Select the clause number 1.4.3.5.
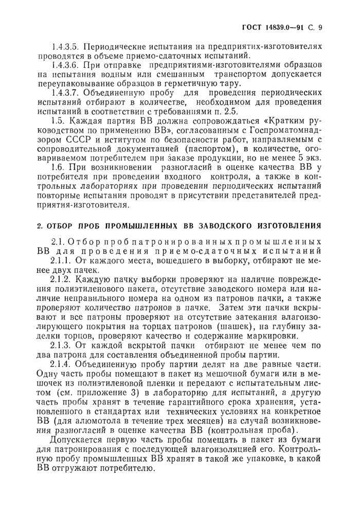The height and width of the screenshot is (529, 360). (73, 46)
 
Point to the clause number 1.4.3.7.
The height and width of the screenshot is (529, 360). (73, 93)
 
